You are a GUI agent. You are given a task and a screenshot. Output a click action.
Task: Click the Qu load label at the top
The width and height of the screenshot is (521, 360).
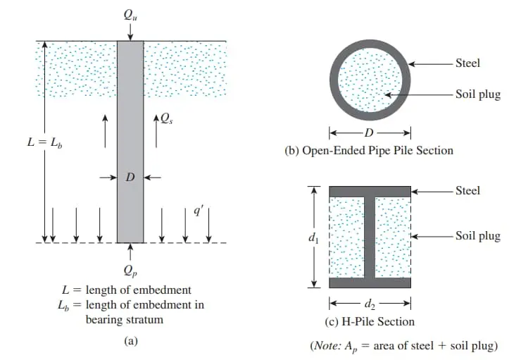(x=130, y=15)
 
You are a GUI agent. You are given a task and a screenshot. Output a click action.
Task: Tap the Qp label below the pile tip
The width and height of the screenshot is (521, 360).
(x=130, y=271)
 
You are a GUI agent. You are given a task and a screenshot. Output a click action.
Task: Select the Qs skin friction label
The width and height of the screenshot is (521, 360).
(x=167, y=118)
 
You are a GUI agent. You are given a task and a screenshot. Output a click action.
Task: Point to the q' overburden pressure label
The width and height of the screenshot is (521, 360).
(x=197, y=211)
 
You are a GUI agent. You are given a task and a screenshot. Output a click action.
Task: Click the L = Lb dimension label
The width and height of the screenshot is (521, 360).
(x=45, y=142)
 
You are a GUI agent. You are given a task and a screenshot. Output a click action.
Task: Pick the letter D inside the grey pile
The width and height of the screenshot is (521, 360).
(x=130, y=177)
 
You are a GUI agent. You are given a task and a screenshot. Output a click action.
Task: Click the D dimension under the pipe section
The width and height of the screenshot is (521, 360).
(x=369, y=133)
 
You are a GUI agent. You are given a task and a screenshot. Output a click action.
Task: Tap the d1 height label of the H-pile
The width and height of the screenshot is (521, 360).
(x=313, y=237)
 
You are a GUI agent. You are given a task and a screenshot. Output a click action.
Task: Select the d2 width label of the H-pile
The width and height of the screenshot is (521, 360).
(x=370, y=304)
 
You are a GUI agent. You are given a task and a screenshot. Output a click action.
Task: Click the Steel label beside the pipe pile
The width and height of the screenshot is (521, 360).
(x=467, y=63)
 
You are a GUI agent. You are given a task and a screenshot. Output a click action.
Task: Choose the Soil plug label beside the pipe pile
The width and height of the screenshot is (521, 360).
(x=478, y=94)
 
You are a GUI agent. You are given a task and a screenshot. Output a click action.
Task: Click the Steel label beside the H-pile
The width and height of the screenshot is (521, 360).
(x=467, y=191)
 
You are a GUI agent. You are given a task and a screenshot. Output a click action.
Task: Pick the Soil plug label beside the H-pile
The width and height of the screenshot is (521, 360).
(x=478, y=236)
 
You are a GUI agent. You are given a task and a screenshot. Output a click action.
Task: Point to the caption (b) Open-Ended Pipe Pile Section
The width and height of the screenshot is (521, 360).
(x=369, y=151)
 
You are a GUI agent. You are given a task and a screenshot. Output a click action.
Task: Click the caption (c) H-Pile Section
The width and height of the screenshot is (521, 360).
(x=370, y=322)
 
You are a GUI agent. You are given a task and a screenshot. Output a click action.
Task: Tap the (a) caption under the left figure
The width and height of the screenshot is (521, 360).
(x=130, y=341)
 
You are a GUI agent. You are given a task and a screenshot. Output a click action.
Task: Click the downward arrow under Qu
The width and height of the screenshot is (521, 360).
(x=130, y=32)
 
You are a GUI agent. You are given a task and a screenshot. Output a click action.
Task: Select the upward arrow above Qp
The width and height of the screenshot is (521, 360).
(x=130, y=252)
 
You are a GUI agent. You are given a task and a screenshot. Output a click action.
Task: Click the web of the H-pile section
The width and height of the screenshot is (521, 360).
(x=370, y=237)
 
